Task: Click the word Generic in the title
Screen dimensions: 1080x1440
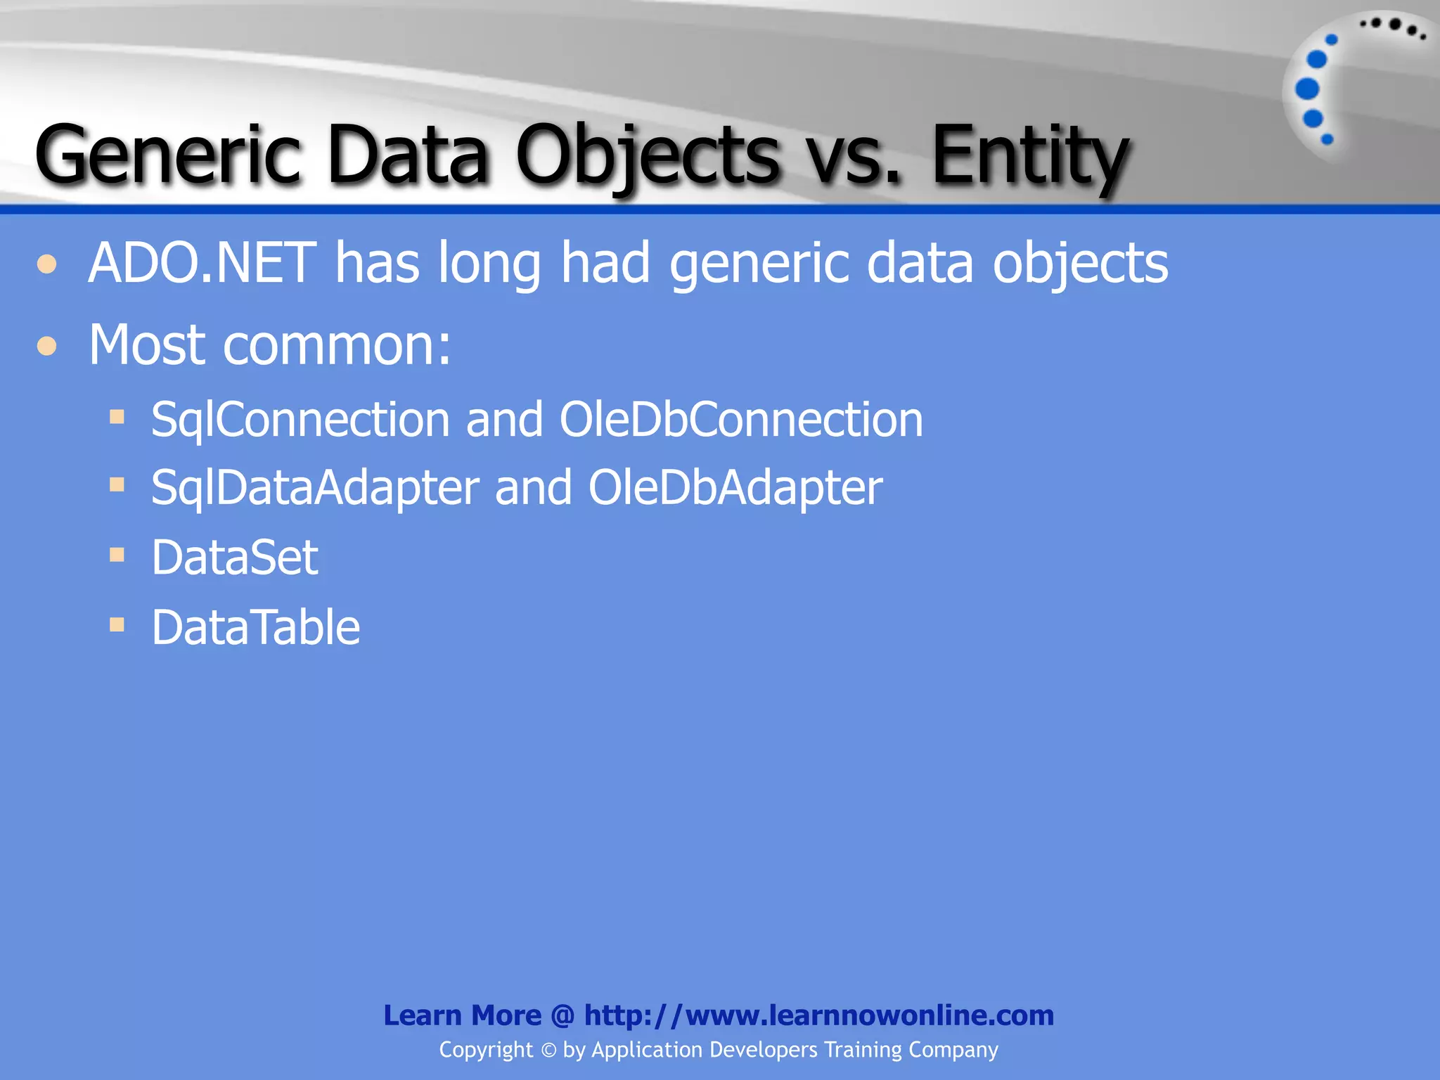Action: [167, 155]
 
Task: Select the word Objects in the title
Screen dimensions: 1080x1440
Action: [647, 155]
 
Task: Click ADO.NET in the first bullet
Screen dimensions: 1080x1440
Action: [202, 263]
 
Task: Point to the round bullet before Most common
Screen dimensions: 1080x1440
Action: [47, 346]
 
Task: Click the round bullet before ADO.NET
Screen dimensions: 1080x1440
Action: [47, 264]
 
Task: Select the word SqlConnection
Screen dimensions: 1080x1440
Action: [300, 420]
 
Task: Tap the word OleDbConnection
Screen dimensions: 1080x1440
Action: [740, 420]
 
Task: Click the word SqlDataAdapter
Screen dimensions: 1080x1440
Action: [315, 487]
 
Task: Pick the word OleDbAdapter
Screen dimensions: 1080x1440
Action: [735, 487]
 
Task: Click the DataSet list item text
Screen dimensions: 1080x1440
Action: [234, 558]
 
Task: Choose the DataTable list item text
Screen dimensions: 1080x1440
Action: [255, 627]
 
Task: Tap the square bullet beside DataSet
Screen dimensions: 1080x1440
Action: [117, 555]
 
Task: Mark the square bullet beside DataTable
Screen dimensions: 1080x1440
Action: [117, 624]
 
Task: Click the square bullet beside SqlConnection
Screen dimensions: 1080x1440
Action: [117, 418]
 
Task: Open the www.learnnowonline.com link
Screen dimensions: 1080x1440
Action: [818, 1015]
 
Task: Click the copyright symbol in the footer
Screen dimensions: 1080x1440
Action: [548, 1050]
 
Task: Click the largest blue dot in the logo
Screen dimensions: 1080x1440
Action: [1307, 89]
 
